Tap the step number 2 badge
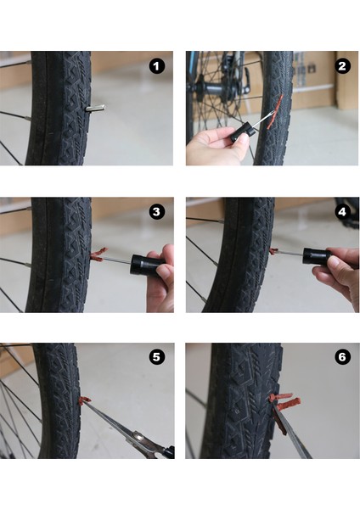click(342, 65)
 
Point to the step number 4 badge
click(342, 211)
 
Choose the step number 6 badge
click(342, 357)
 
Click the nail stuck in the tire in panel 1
click(96, 108)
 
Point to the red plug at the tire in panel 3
click(97, 253)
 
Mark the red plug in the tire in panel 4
click(274, 250)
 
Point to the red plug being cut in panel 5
click(85, 400)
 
